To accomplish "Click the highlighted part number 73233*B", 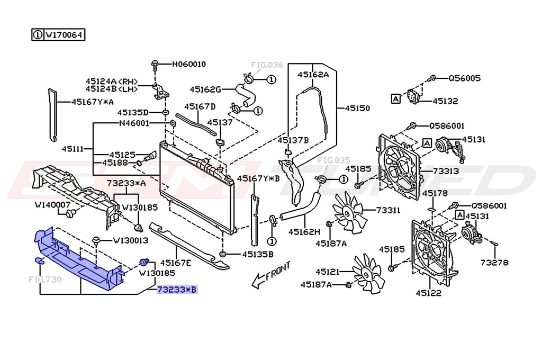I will [177, 290].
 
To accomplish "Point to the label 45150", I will [357, 108].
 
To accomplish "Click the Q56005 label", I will [465, 78].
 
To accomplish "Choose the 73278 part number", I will [495, 263].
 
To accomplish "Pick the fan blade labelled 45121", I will [368, 272].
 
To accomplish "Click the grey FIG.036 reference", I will [267, 65].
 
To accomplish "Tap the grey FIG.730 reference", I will [45, 279].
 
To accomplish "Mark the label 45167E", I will [176, 262].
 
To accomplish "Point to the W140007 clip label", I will [52, 204].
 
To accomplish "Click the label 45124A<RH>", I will [112, 82].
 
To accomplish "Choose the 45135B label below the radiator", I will [258, 254].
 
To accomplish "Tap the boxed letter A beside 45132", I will [395, 98].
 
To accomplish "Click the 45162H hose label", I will [304, 232].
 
